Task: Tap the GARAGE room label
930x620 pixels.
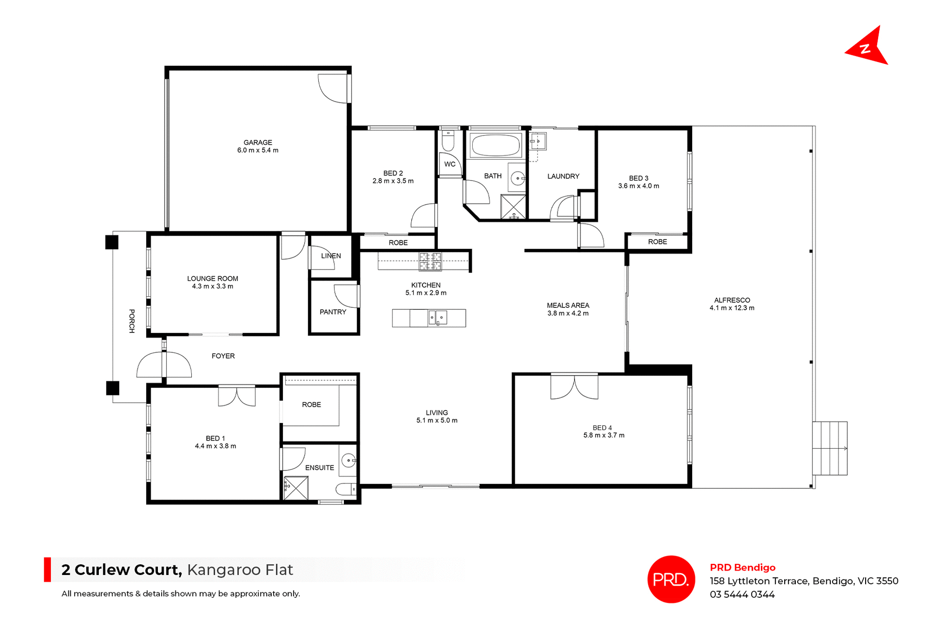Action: coord(258,142)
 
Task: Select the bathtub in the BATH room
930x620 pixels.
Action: coord(495,145)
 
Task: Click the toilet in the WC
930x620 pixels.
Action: coord(448,141)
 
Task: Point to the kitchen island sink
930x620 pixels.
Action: coord(437,318)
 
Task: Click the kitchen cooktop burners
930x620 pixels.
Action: coord(430,261)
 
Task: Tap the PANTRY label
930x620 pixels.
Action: coord(333,312)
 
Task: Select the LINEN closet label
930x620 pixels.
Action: coord(331,256)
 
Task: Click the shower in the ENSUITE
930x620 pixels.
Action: coord(296,488)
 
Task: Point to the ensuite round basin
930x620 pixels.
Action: coord(348,460)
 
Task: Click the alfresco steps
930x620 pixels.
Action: coord(830,448)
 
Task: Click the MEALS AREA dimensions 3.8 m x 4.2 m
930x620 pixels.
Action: coord(568,313)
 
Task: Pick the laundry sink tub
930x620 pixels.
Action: coord(538,141)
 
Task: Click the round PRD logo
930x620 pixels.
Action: coord(671,579)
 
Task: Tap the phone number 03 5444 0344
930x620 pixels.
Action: coord(742,594)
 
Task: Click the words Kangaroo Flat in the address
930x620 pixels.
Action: coord(240,570)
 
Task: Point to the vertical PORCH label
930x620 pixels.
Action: coord(132,321)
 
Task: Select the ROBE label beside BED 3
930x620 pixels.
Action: coord(657,242)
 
